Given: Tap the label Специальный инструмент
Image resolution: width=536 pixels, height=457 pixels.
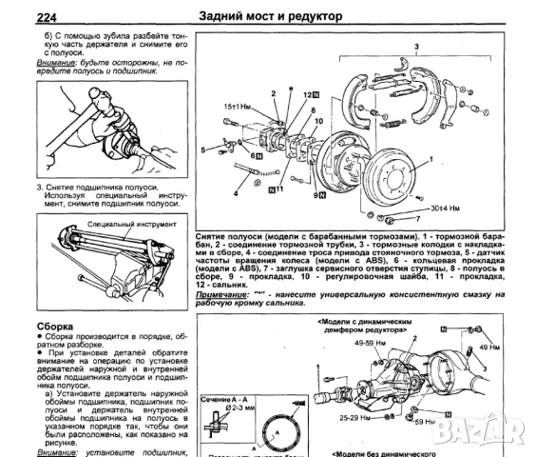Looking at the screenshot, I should (x=124, y=225).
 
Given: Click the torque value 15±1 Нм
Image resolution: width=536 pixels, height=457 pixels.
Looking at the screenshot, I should (x=238, y=107).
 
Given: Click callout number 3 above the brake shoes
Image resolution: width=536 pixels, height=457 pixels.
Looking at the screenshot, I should (x=413, y=48).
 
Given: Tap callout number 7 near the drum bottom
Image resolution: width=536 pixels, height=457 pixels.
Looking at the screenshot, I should (x=365, y=218).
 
